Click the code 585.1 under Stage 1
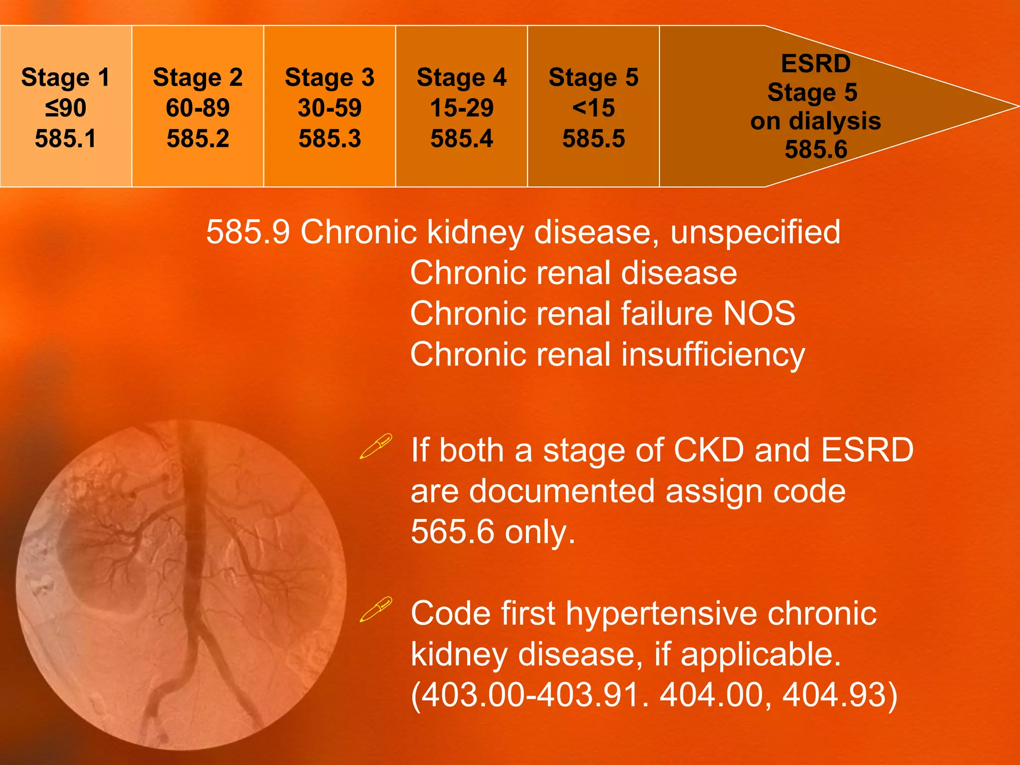tap(65, 138)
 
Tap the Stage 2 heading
tap(198, 78)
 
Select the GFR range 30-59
tap(329, 108)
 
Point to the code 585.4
tap(462, 138)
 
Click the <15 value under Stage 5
tap(593, 108)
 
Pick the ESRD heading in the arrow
tap(815, 64)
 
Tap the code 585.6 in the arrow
tap(816, 149)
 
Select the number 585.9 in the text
tap(248, 232)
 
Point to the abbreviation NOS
tap(759, 314)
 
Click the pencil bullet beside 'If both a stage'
tap(376, 445)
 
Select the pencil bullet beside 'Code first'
tap(376, 609)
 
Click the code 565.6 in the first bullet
tap(452, 532)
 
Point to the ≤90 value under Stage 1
tap(65, 108)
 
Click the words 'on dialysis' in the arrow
tap(815, 121)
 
